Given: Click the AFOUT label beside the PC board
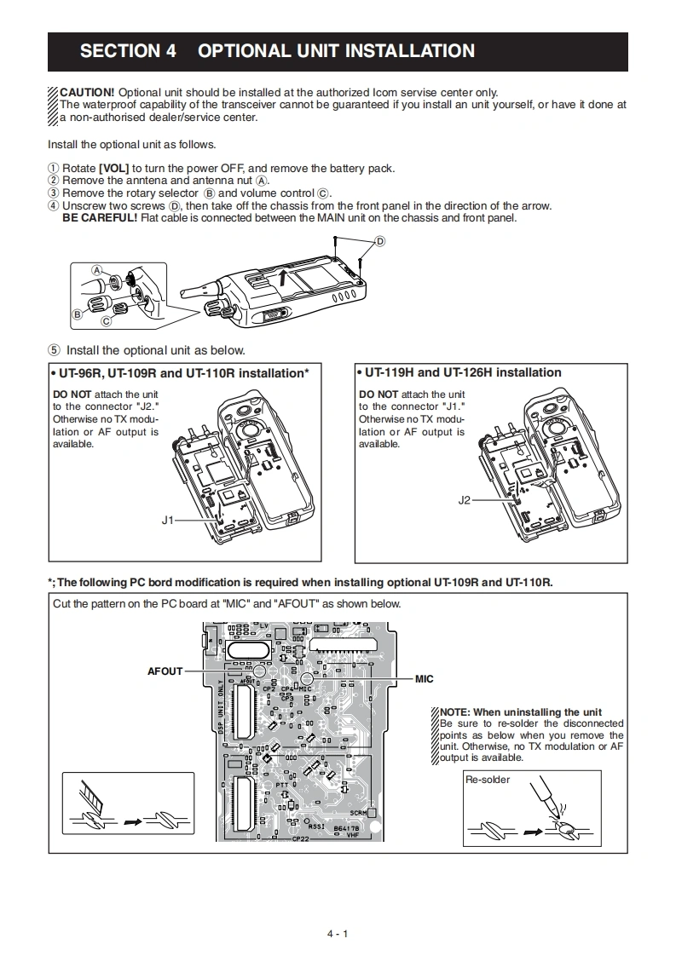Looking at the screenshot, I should tap(165, 671).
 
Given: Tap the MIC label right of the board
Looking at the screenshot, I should tap(424, 679).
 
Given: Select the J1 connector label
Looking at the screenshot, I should tap(167, 519).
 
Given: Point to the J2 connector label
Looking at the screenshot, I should tap(464, 500).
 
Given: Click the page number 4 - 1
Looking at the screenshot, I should tap(338, 934).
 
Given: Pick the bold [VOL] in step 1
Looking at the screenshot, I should tap(114, 168).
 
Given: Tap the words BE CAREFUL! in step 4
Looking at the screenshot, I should tap(100, 217).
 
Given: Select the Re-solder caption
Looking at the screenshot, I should tap(488, 779).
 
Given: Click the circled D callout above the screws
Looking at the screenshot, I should tap(380, 241).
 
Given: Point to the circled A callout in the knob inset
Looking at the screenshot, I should tap(97, 269).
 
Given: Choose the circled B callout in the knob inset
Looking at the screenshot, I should tap(77, 314).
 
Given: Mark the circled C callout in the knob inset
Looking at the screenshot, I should tap(106, 321).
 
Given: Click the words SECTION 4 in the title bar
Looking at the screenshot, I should tap(128, 51).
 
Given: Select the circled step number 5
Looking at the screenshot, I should tap(55, 350).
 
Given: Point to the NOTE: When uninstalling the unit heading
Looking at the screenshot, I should tap(520, 712).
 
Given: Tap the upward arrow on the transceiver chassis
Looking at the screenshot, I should tap(282, 274).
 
